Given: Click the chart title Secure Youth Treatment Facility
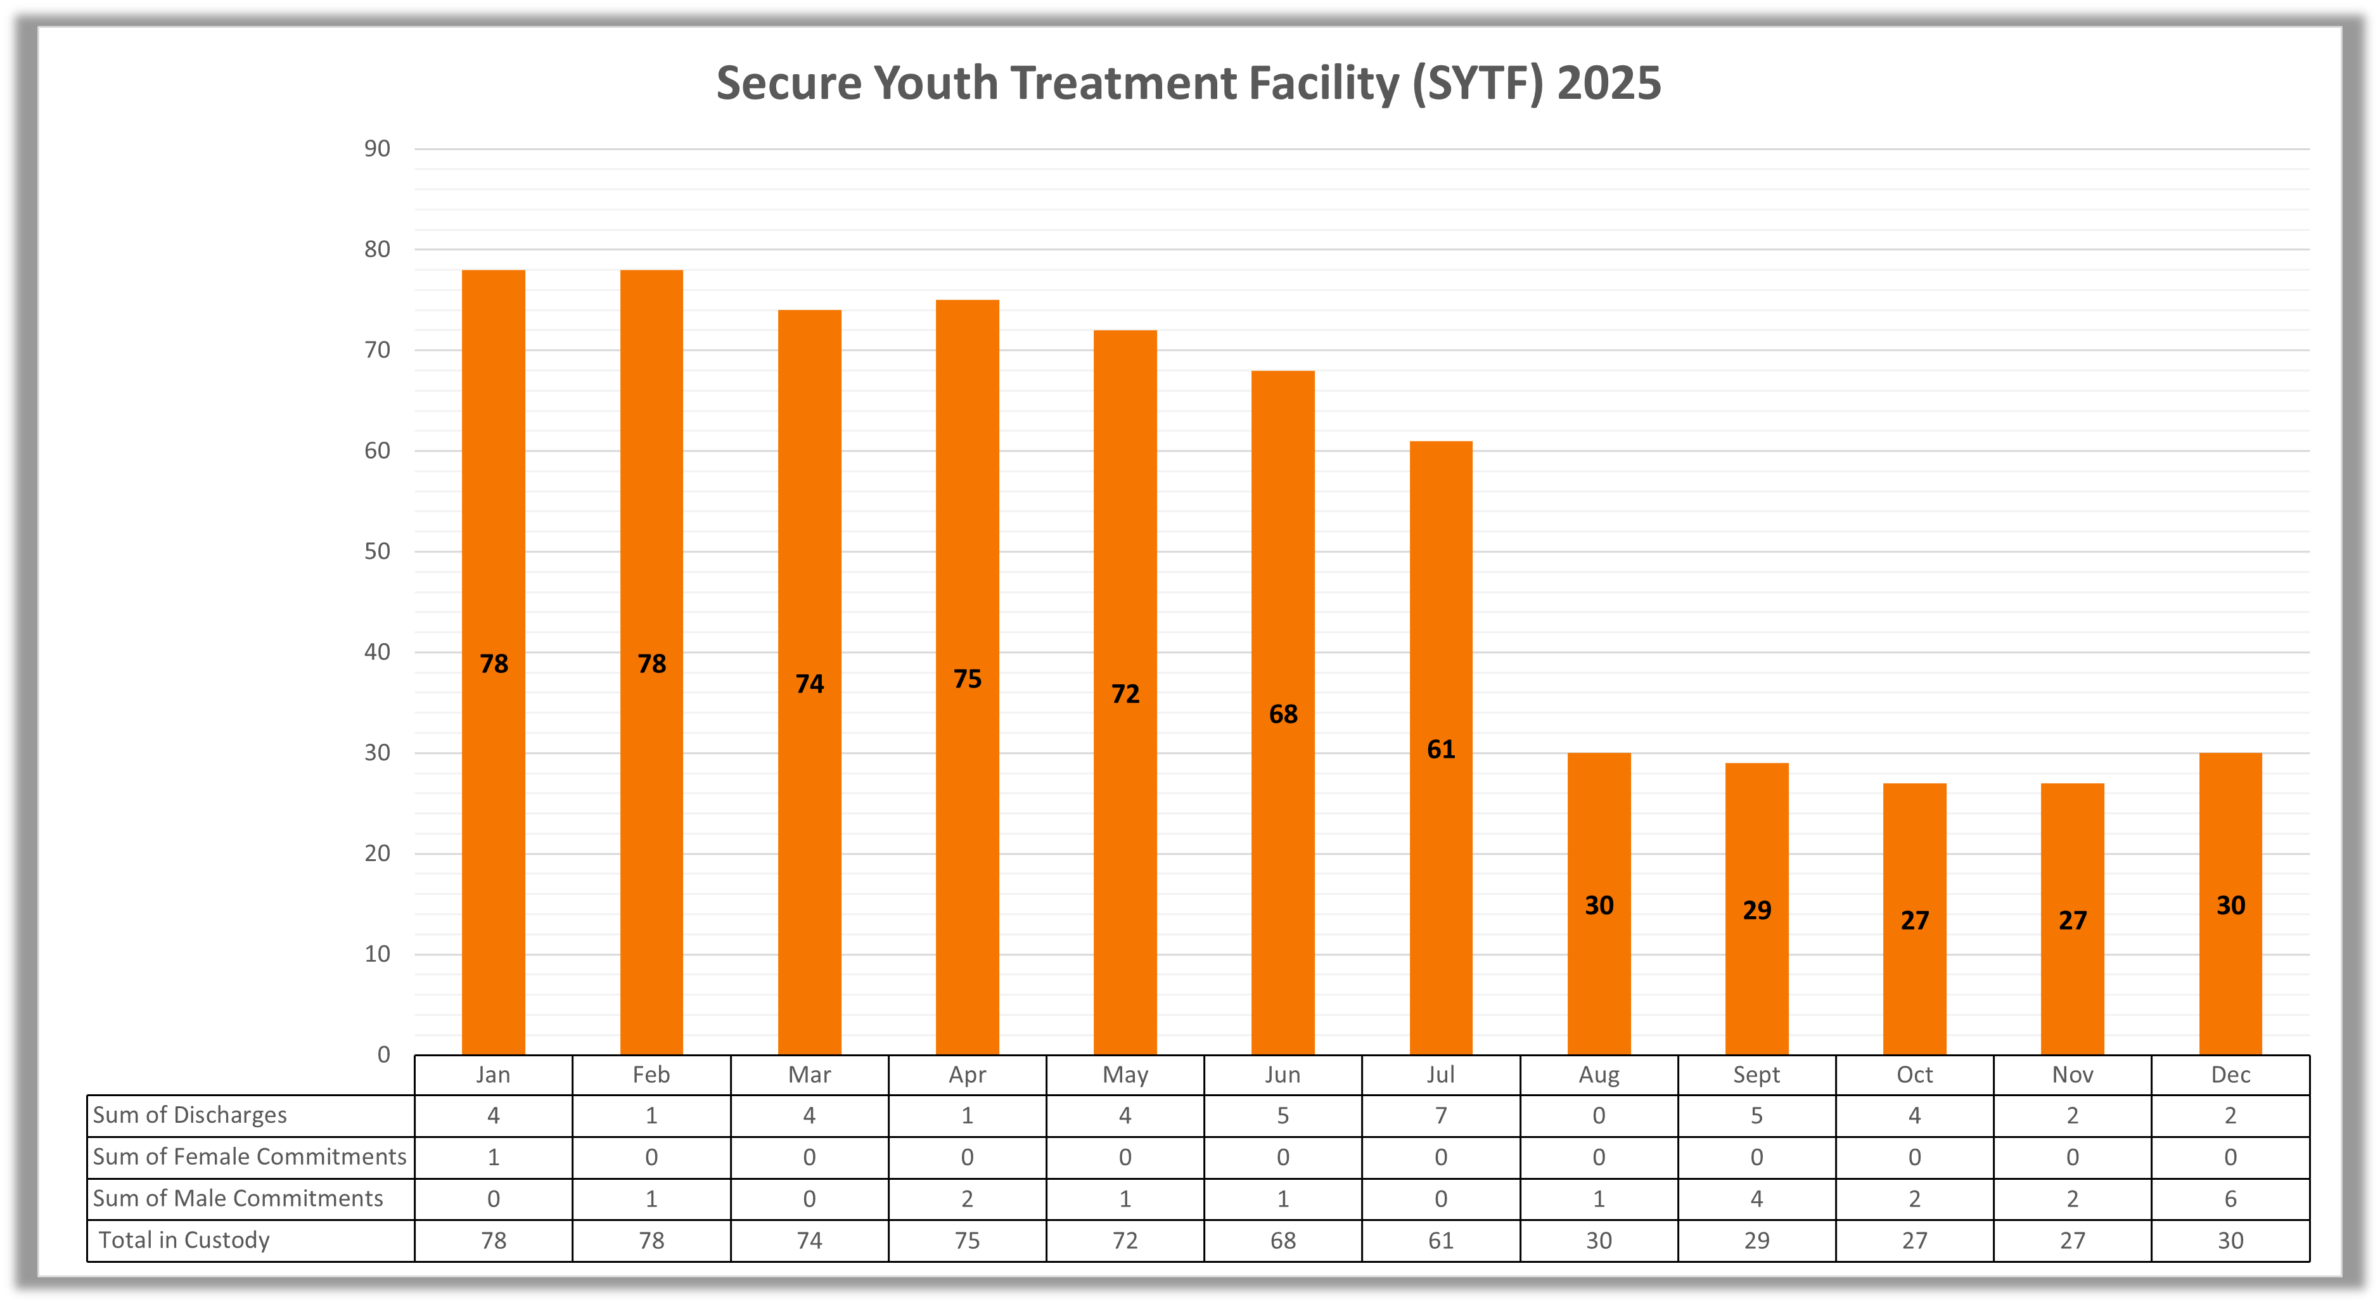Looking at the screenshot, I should (x=1188, y=83).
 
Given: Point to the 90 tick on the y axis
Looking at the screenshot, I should (x=377, y=149).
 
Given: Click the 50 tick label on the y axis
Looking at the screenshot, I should (x=377, y=552).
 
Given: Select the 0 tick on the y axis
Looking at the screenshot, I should (x=383, y=1054).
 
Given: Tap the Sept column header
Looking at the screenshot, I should (x=1756, y=1075).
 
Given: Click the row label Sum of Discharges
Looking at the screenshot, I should (x=190, y=1115).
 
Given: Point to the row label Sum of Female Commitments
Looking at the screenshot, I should (x=250, y=1157).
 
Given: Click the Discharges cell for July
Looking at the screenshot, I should (x=1440, y=1115).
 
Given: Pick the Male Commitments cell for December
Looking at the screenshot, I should (x=2230, y=1199).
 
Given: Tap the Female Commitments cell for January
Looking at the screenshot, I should (x=494, y=1157).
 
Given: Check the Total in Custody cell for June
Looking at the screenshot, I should (x=1283, y=1240).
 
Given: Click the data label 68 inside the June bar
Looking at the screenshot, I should (x=1283, y=714).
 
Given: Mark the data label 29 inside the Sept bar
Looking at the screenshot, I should (x=1756, y=911).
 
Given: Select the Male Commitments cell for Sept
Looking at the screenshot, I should (x=1756, y=1199).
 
